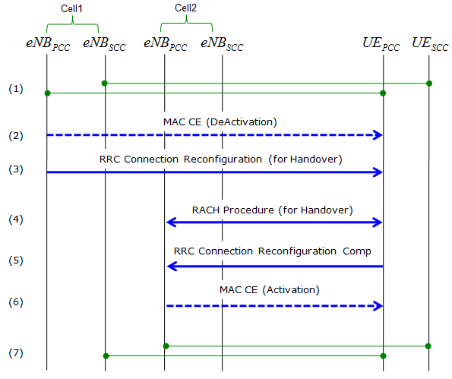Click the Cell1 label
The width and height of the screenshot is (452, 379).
(71, 8)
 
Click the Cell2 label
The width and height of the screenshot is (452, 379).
(185, 8)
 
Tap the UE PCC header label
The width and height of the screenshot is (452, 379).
(381, 44)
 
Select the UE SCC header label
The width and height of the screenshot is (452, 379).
(430, 44)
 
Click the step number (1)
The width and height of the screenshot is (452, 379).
(15, 89)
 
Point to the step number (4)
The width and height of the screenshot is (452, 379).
(15, 220)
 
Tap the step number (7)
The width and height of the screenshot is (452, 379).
(15, 353)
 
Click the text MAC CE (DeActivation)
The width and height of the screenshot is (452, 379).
(220, 122)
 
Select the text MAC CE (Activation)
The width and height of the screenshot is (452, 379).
(269, 289)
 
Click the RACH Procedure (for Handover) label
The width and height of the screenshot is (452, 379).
(273, 210)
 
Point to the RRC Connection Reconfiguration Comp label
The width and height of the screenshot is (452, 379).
(273, 251)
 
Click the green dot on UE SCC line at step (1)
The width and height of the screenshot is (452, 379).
(429, 84)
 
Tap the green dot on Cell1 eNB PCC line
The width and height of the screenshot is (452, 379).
(48, 93)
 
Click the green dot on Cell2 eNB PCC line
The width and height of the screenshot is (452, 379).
(166, 346)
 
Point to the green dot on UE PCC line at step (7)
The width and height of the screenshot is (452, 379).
(383, 356)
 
